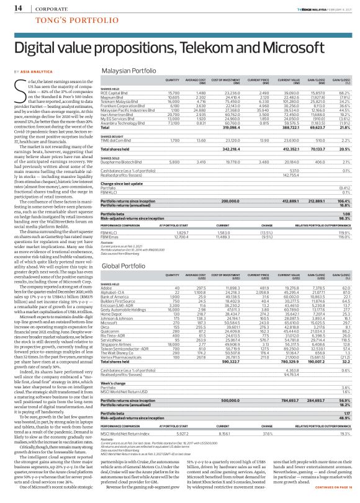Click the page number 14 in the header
[x=12, y=7]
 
